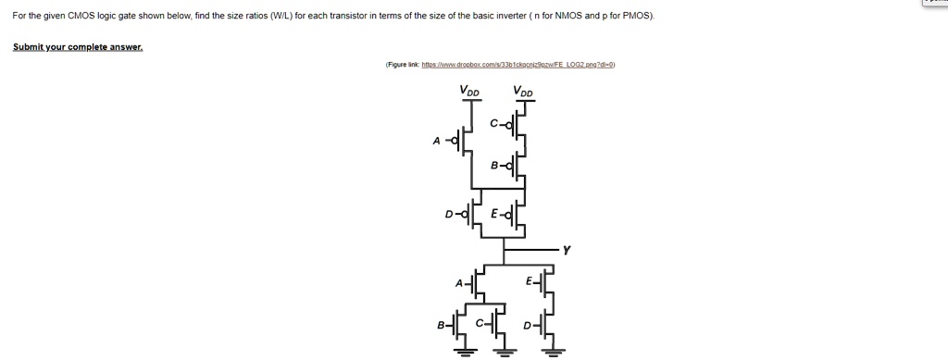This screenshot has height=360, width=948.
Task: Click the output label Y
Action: [x=567, y=249]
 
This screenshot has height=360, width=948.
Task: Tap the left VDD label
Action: [x=469, y=91]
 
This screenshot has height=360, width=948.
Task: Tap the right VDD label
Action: [x=524, y=91]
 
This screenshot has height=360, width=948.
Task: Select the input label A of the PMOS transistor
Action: [x=436, y=142]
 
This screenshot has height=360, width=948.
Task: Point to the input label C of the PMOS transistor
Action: [x=494, y=122]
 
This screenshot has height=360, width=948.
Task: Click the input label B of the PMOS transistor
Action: [x=495, y=167]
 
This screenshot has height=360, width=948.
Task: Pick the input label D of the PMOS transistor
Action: [x=449, y=214]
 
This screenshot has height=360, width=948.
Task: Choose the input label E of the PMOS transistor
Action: [x=496, y=214]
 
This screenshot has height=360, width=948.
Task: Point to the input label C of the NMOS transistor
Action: [x=480, y=326]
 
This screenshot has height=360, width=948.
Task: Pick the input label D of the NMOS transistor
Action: [x=529, y=326]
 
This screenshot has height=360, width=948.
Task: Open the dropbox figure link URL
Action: [x=518, y=66]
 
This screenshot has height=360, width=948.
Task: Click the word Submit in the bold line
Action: [x=29, y=46]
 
